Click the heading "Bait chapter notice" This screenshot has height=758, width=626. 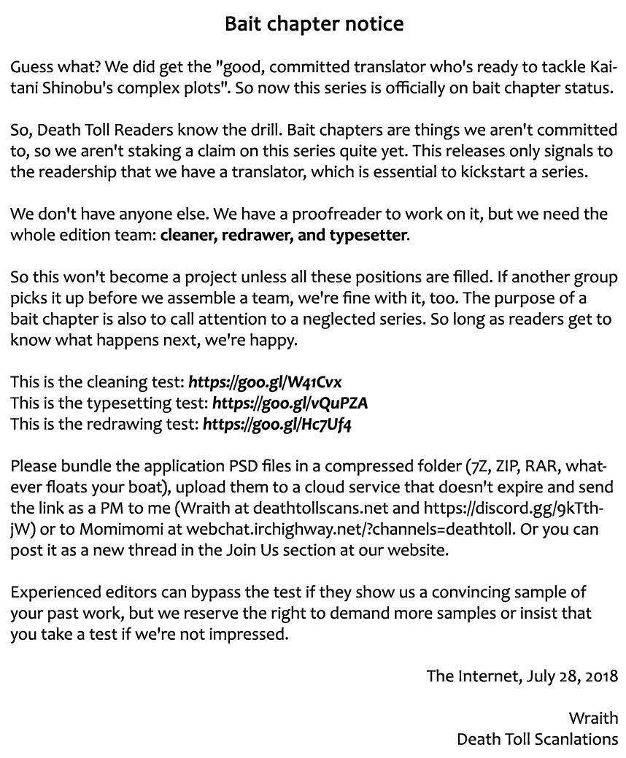pos(313,24)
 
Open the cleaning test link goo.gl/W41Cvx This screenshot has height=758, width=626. pos(265,382)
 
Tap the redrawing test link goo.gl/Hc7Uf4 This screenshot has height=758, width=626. pos(277,423)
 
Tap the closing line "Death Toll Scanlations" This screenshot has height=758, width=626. pos(537,739)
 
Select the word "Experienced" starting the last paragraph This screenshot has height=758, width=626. pos(53,592)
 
